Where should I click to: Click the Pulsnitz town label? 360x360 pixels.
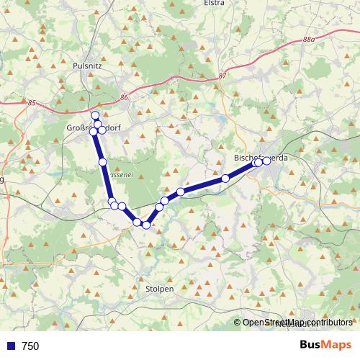[x=89, y=65]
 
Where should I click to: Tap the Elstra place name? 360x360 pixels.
[x=215, y=3]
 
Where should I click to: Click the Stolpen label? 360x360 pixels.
[x=159, y=289]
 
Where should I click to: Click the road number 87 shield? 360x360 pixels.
[x=221, y=76]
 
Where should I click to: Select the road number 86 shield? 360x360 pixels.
[x=125, y=97]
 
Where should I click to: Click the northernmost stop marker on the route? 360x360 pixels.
[x=94, y=115]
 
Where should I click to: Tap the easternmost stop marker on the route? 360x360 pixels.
[x=266, y=161]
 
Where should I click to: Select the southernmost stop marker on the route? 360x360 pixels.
[x=146, y=225]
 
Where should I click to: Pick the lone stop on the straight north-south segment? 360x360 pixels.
[x=102, y=161]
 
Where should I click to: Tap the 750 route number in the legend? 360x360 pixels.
[x=30, y=346]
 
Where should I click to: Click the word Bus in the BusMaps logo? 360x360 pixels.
[x=310, y=345]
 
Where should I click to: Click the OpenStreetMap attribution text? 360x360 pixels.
[x=297, y=323]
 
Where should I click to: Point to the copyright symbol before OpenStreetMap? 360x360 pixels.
[x=238, y=323]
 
